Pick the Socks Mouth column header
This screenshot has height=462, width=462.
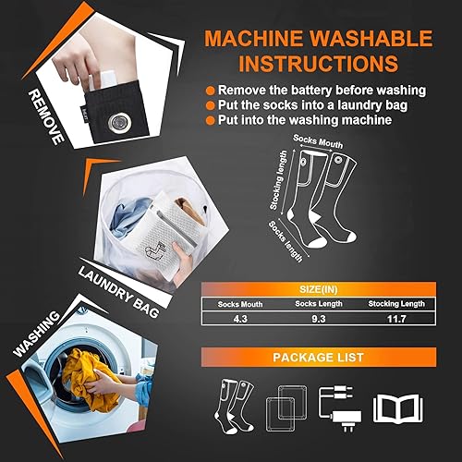(240, 303)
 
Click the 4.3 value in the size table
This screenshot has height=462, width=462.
(240, 319)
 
